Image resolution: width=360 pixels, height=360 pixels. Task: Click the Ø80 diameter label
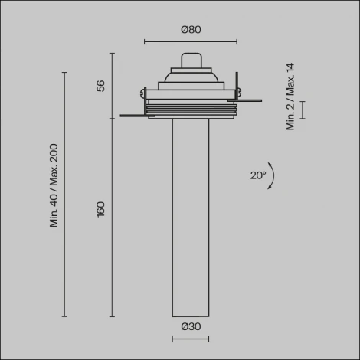coord(191,30)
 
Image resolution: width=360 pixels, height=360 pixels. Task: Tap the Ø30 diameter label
coord(191,327)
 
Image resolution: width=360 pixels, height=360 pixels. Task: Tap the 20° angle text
coord(257,175)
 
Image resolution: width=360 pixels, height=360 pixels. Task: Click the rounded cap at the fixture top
coord(191,61)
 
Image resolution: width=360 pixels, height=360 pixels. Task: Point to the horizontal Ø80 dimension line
coord(191,43)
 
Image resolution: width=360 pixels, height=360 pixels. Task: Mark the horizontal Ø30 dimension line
coord(191,338)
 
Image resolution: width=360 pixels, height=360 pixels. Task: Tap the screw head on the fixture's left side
coord(143,94)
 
